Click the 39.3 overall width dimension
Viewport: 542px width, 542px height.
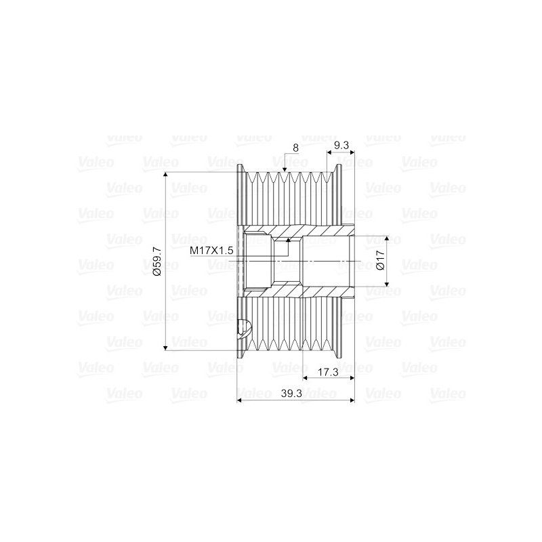(x=291, y=394)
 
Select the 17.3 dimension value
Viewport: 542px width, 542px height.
(x=328, y=372)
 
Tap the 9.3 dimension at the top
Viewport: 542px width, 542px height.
(x=341, y=146)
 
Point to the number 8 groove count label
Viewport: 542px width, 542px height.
(x=295, y=148)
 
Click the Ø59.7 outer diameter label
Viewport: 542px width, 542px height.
(x=157, y=262)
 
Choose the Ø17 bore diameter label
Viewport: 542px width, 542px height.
(x=380, y=260)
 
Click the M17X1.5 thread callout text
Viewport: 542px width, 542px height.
(x=211, y=250)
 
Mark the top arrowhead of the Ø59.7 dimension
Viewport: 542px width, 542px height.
(x=165, y=175)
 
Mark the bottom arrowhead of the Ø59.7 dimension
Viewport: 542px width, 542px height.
(x=165, y=348)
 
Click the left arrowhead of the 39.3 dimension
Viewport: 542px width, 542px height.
(x=240, y=400)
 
